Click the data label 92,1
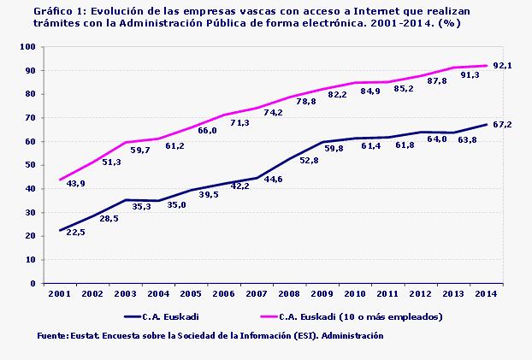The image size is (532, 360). [x=502, y=66]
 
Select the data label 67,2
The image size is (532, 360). [x=502, y=125]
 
